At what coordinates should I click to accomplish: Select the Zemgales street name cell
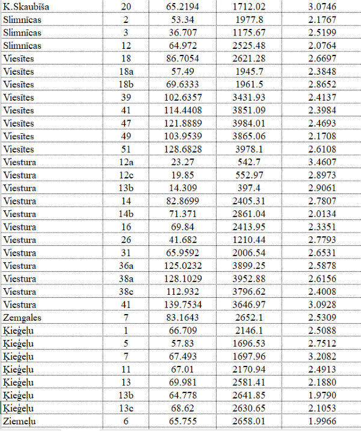[x=23, y=318]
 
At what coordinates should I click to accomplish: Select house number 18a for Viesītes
[x=126, y=72]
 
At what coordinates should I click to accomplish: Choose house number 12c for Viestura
[x=126, y=175]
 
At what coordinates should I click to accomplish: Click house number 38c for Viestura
[x=126, y=292]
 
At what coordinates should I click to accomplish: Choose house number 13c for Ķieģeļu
[x=126, y=409]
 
